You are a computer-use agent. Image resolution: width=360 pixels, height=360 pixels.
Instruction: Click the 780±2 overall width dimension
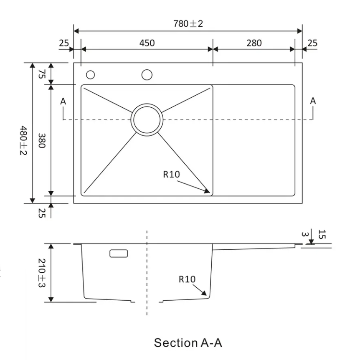click(188, 24)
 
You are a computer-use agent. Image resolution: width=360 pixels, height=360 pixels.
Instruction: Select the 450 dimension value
click(147, 43)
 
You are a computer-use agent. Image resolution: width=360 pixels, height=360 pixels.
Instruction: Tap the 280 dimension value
click(254, 43)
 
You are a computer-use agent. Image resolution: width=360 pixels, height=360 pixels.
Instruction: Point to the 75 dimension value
click(42, 74)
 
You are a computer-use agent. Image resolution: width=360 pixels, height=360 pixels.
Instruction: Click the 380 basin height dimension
click(42, 140)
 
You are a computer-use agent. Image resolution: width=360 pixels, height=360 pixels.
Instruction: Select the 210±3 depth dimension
click(42, 273)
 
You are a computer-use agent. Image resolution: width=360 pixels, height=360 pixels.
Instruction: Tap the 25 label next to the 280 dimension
click(312, 43)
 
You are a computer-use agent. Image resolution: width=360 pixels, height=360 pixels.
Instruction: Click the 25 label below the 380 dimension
click(42, 213)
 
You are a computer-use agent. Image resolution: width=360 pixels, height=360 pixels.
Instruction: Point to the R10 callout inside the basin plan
click(171, 175)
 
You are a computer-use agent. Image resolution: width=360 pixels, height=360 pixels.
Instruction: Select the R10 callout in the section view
click(187, 279)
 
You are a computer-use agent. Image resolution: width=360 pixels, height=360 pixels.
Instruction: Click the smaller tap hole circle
click(90, 75)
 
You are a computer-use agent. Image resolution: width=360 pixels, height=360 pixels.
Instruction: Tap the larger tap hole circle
click(147, 75)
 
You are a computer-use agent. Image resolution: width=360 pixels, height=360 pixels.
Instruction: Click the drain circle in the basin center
click(147, 119)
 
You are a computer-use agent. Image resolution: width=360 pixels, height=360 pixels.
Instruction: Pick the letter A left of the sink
click(63, 101)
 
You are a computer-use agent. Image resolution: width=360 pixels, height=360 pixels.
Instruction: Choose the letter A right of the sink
click(313, 101)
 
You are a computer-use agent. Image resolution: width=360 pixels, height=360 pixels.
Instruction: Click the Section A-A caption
click(188, 343)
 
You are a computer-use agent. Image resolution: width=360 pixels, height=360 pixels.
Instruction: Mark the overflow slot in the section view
click(119, 253)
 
